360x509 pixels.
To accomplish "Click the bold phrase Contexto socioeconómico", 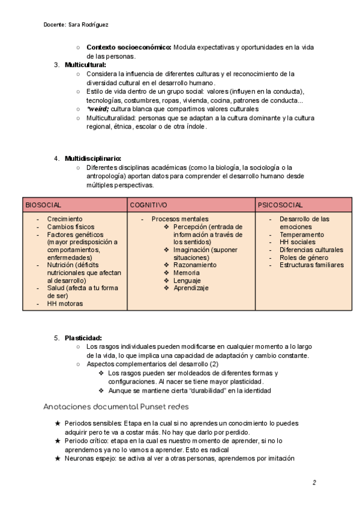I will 129,47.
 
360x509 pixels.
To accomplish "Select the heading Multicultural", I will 86,65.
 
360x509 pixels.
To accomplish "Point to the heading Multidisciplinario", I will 93,158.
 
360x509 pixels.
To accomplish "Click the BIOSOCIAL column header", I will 43,205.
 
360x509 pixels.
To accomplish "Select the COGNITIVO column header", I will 149,205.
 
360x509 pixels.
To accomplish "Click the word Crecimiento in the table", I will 65,219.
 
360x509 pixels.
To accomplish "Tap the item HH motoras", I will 65,304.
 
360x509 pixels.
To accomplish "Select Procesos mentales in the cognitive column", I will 180,219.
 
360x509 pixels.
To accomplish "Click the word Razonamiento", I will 195,265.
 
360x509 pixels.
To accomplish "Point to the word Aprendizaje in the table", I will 191,288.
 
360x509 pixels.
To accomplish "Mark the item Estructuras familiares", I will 312,265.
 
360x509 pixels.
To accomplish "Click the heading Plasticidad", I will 83,338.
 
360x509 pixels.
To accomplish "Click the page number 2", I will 314,482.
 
